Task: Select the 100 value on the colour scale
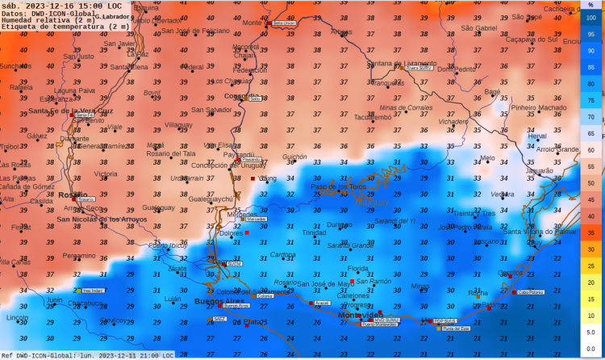coord(590,17)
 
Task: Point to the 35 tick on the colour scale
coord(590,232)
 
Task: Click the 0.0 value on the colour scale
coord(590,348)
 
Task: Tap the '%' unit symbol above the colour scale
coord(590,5)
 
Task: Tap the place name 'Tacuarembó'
coord(373,117)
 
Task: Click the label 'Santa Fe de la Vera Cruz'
coord(71,111)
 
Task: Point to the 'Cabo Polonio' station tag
coord(531,293)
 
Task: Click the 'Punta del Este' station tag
coord(457,329)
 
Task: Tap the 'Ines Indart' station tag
coord(93,291)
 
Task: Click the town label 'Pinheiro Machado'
coord(539,107)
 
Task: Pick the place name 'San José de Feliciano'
coord(195,31)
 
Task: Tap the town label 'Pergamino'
coord(79,256)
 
